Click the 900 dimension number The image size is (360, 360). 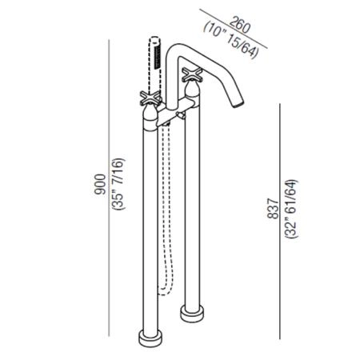(x=100, y=184)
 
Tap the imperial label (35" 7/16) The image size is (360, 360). (x=118, y=184)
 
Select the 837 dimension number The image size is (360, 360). (x=273, y=209)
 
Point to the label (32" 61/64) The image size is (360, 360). (x=291, y=209)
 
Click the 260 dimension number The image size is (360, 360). (x=240, y=25)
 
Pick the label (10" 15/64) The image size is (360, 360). (x=231, y=40)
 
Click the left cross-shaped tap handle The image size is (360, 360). (x=151, y=98)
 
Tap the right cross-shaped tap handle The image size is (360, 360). (x=192, y=74)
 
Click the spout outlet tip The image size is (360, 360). (x=239, y=104)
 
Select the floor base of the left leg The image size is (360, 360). (x=150, y=338)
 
